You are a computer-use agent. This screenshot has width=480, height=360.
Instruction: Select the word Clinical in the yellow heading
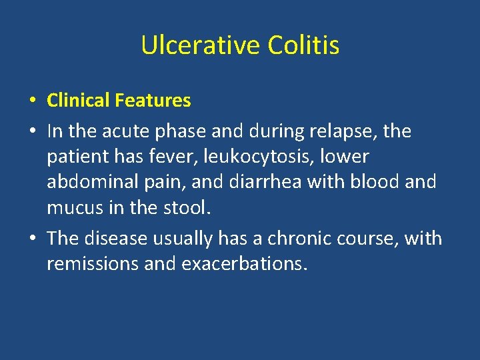[x=78, y=101]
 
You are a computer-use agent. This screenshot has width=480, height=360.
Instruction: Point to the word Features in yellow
[x=153, y=101]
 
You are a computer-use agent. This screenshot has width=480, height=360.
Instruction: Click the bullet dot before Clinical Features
[x=32, y=101]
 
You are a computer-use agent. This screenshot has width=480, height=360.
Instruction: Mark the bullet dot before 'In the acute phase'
[x=32, y=132]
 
